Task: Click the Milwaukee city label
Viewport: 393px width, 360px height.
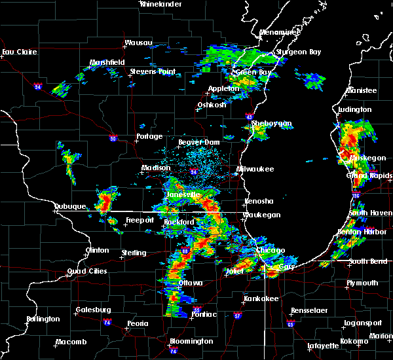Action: [x=255, y=169]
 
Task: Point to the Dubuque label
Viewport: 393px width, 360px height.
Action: [x=69, y=206]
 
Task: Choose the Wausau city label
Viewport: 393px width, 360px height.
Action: [x=138, y=44]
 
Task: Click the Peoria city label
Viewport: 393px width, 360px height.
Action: [x=137, y=323]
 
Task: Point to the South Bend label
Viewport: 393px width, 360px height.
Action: [x=367, y=262]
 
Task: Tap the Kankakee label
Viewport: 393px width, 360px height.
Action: [x=261, y=298]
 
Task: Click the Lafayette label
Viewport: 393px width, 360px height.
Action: [x=324, y=345]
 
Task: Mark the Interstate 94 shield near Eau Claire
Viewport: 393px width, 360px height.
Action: [x=37, y=86]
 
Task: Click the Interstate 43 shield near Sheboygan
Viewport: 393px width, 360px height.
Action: [x=250, y=117]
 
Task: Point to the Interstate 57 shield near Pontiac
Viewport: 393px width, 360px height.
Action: [x=237, y=316]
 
